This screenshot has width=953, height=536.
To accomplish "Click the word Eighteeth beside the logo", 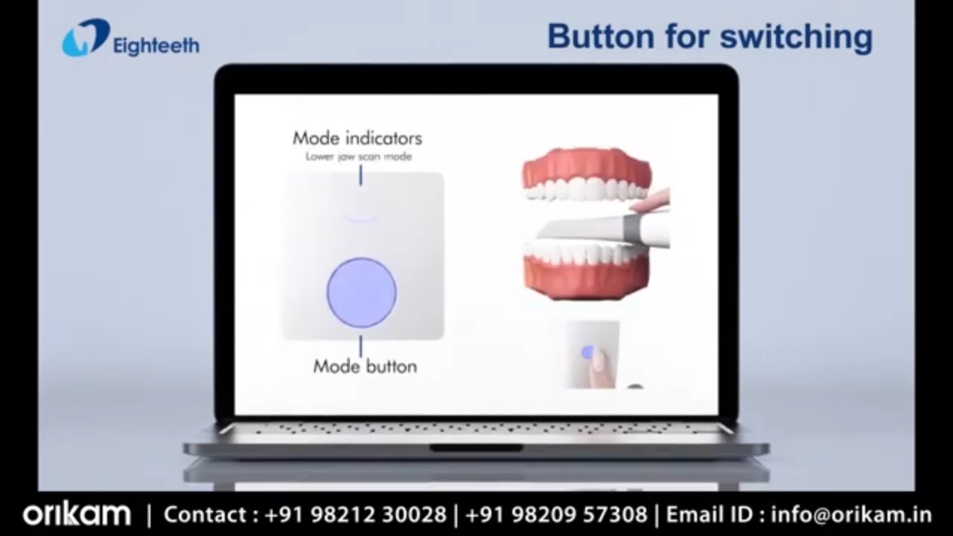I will coord(156,46).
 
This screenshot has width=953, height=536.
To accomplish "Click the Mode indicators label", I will coord(357,138).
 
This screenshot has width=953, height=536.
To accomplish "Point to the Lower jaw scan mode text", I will coord(358,156).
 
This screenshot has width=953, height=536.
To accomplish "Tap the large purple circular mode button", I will coord(361,292).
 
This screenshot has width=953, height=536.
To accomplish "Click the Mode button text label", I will coord(365,366).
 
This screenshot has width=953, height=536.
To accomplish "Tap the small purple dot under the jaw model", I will coord(587,351).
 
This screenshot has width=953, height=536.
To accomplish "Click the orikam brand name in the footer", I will coord(77,514).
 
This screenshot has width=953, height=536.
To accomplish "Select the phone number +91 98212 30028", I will coord(353,514).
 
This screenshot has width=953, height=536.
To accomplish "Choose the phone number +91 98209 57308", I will coord(555,514).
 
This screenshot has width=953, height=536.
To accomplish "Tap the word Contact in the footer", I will coord(205,514).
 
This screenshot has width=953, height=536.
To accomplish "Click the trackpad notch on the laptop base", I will coord(476,448).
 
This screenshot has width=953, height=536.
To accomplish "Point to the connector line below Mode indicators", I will coord(361,176).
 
